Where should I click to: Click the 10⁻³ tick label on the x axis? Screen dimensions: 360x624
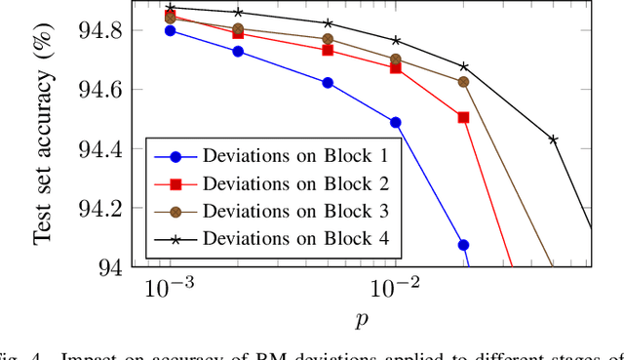pos(169,288)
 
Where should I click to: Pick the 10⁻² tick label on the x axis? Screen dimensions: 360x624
pos(394,288)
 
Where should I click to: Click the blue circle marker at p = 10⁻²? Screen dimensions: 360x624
pos(396,123)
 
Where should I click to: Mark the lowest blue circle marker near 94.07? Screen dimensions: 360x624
pos(463,245)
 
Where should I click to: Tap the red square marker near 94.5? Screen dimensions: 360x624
pos(463,117)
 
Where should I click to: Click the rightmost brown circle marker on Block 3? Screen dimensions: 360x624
pos(463,82)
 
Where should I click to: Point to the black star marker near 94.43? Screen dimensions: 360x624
pos(553,140)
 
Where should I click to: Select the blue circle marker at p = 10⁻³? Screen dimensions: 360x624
pos(171,30)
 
